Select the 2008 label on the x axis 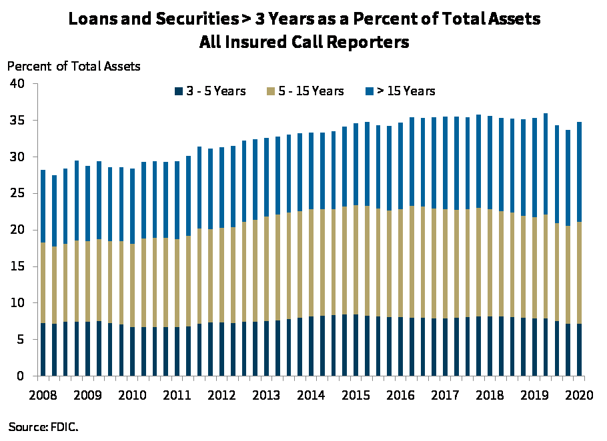click(43, 394)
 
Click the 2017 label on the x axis click(445, 394)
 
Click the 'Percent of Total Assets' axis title click(74, 66)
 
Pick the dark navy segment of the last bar click(579, 350)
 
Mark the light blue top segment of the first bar click(43, 206)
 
